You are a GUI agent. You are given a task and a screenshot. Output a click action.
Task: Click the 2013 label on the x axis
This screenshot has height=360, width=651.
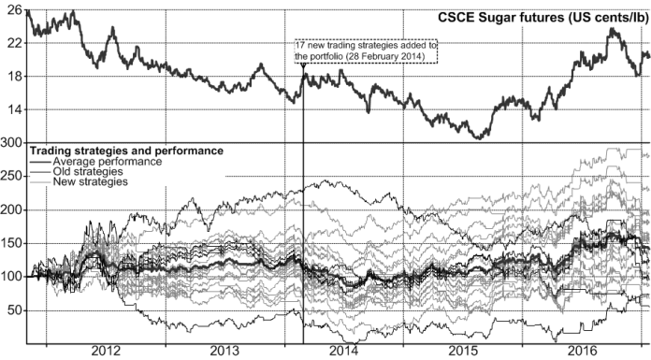(225, 350)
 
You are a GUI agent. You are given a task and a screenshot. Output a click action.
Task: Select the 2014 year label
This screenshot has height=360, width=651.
(344, 350)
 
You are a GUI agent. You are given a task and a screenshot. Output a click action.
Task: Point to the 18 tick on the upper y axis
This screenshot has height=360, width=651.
(11, 77)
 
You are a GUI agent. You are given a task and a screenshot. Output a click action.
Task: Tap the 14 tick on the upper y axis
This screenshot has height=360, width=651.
(11, 109)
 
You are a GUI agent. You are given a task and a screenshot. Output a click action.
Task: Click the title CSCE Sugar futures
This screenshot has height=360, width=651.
(542, 18)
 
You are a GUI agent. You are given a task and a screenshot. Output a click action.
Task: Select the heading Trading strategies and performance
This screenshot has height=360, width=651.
(126, 150)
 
